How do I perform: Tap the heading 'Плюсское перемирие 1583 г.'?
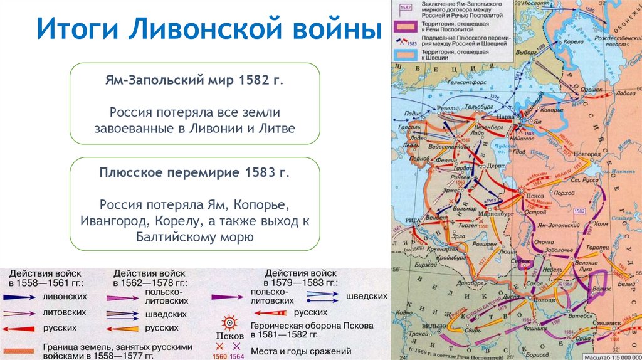tap(194, 172)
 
